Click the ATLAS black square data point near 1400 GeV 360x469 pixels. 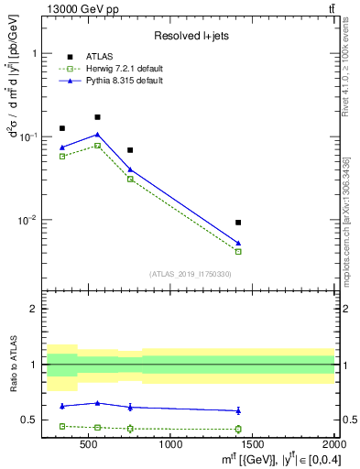coord(238,223)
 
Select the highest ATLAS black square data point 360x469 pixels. coord(97,117)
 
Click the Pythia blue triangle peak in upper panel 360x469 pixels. coord(97,135)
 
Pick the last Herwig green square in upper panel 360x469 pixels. coord(238,251)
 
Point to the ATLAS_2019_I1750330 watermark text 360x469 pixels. coord(191,274)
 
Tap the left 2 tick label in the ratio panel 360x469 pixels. coord(34,309)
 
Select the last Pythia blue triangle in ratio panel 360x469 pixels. coord(238,410)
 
